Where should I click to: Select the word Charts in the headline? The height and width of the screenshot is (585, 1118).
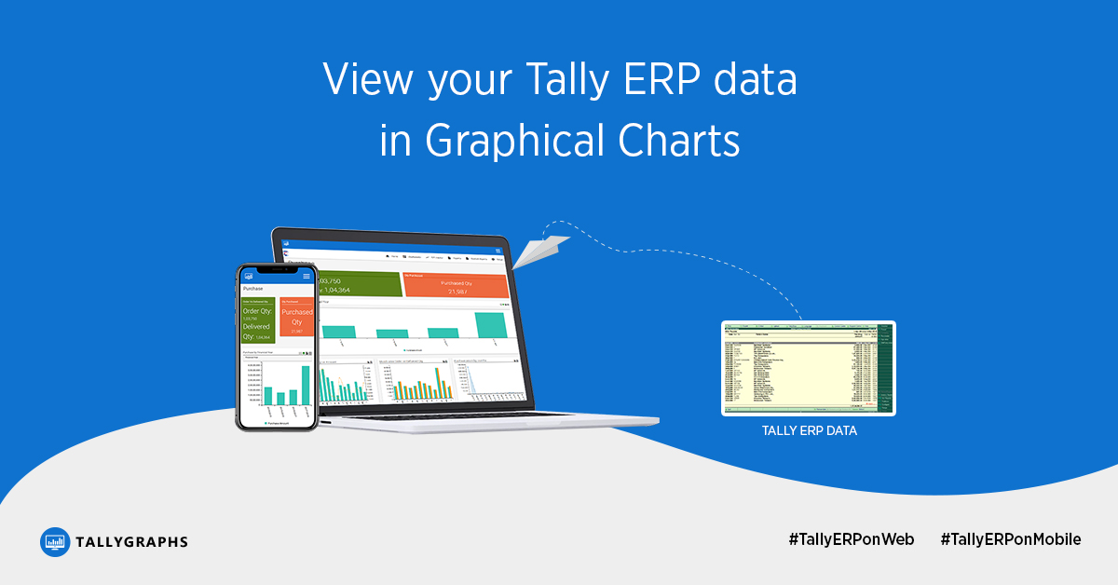(x=678, y=142)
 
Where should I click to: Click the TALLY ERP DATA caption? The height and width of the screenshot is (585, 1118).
(x=809, y=431)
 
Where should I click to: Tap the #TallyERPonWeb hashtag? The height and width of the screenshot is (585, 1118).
(x=851, y=539)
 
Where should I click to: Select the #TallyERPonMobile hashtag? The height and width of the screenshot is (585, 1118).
(x=1011, y=539)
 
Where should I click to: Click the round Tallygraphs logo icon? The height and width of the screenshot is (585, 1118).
(x=56, y=542)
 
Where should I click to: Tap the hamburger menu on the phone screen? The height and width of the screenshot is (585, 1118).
(x=307, y=277)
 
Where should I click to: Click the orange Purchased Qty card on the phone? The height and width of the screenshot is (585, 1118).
(x=297, y=318)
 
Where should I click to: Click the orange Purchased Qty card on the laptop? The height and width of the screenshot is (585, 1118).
(x=456, y=285)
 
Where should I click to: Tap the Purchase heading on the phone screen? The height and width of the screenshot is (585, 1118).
(x=253, y=289)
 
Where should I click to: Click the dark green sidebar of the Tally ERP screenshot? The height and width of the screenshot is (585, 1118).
(x=885, y=368)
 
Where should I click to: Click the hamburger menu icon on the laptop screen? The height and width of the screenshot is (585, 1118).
(x=499, y=251)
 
